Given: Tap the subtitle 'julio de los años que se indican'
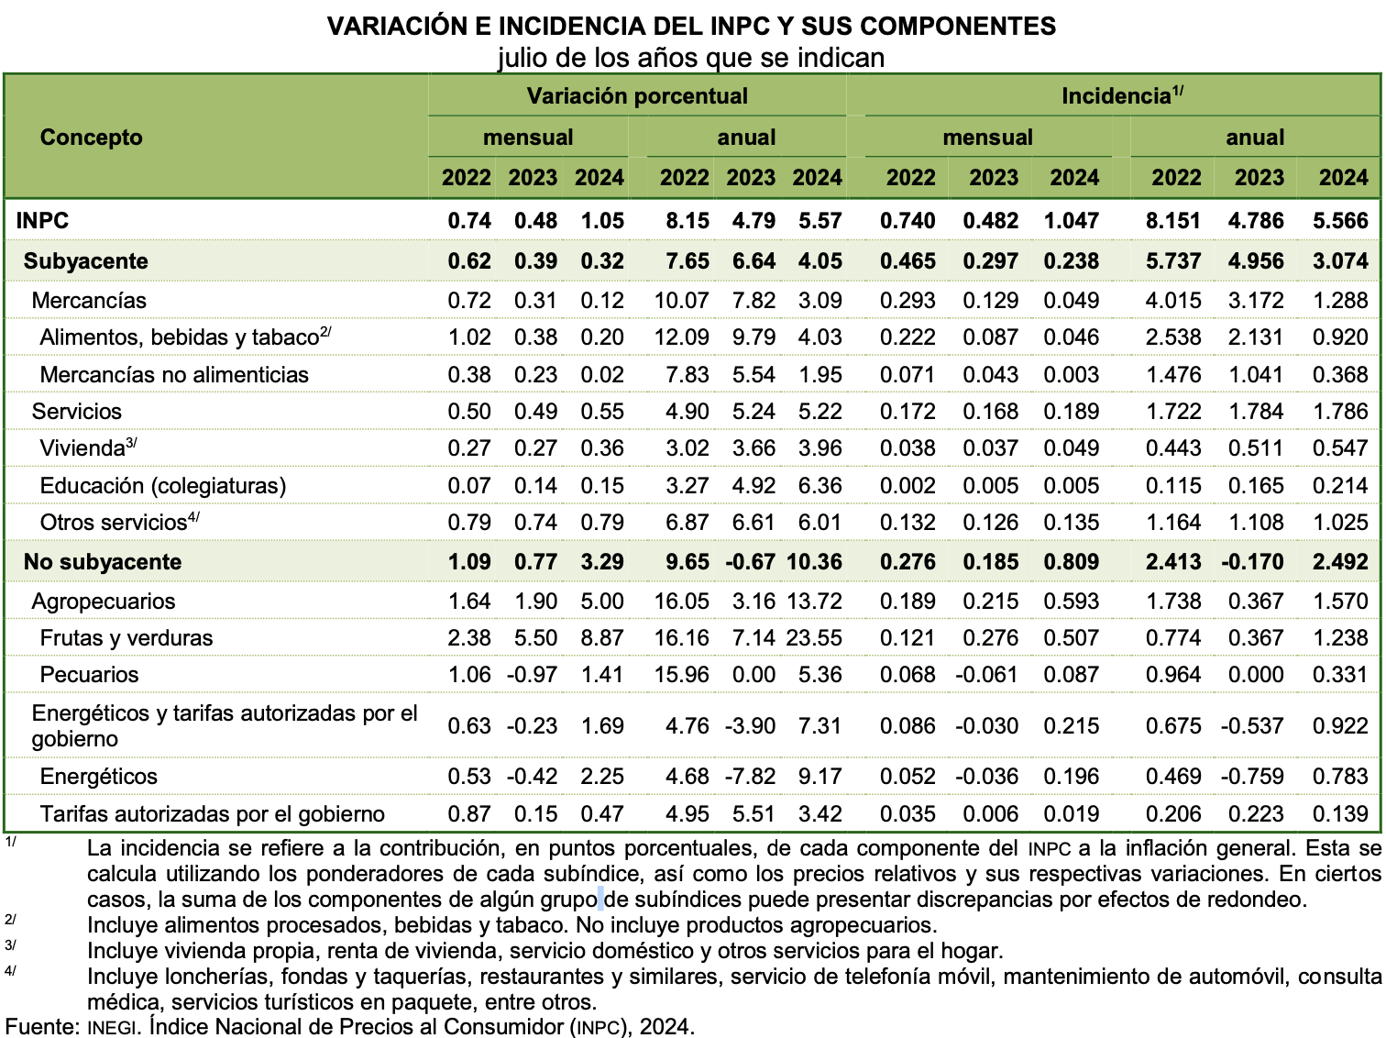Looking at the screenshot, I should pos(691,58).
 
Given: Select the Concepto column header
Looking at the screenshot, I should pos(92,138).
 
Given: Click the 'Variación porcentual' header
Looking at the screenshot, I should pos(637,96).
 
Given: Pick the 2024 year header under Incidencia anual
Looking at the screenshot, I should pos(1343,178).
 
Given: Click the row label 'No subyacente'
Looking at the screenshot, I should pos(103,562).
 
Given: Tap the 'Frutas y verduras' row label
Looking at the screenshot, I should pos(126,638).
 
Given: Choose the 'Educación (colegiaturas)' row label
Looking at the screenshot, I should pos(163,486).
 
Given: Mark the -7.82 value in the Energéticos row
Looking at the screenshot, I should pos(751,777).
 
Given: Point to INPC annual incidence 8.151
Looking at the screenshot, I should pos(1173,221).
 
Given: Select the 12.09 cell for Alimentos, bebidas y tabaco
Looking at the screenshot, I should pos(682,337).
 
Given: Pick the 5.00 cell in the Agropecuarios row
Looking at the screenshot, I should pos(602,602).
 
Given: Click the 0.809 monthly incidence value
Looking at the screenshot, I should pos(1071,562).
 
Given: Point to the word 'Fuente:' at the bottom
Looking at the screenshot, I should pos(42,1026).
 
